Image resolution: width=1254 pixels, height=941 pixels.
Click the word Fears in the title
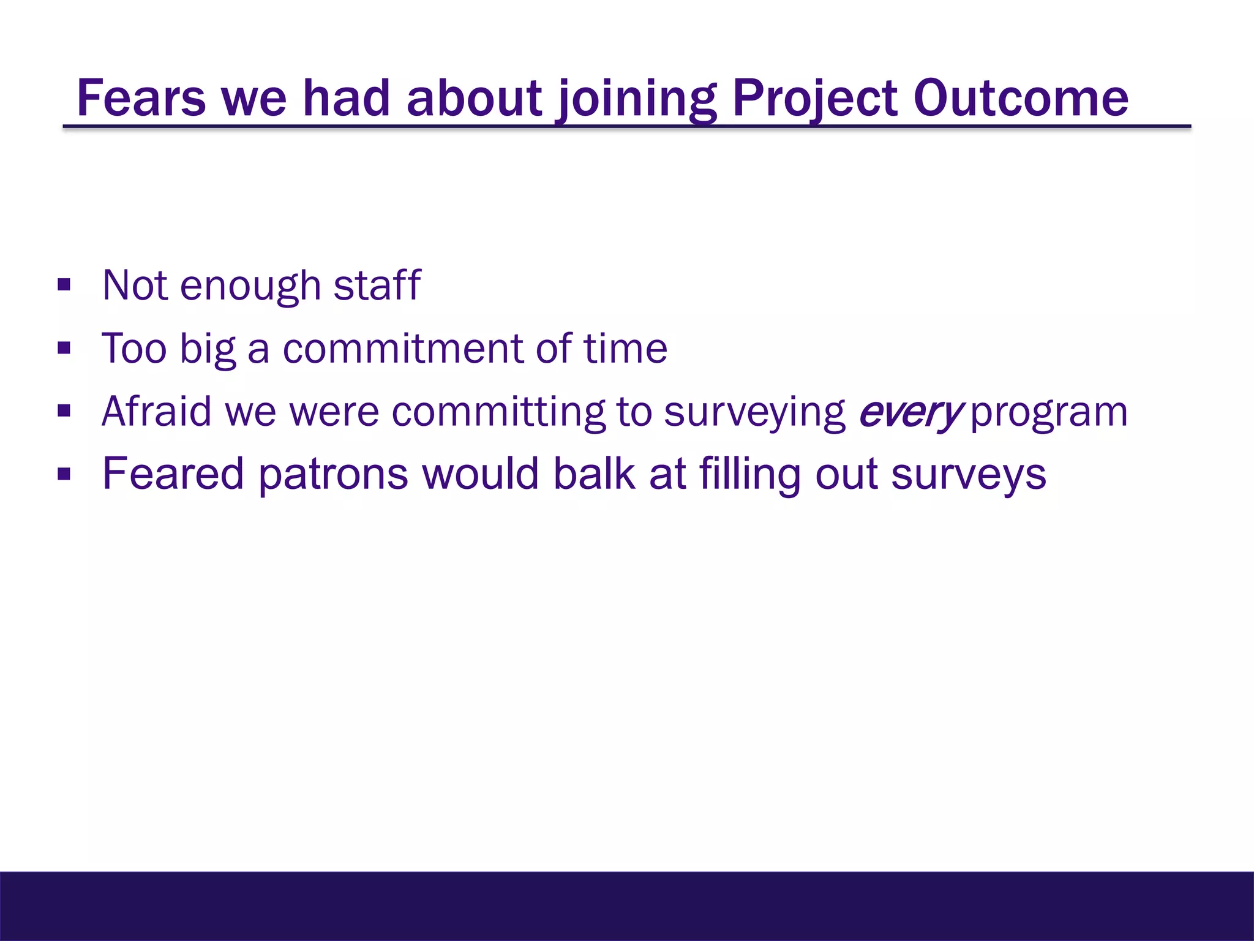(x=141, y=99)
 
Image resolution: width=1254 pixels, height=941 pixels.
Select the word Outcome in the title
(x=1021, y=99)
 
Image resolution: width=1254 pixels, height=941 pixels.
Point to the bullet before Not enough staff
(x=64, y=285)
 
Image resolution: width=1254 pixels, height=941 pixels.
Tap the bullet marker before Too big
(x=64, y=349)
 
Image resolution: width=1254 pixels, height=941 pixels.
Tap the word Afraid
(x=157, y=411)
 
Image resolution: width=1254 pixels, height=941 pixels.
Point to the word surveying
(x=754, y=412)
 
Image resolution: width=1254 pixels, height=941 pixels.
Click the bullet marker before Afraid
(x=64, y=411)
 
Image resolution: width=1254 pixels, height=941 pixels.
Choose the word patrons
(x=333, y=475)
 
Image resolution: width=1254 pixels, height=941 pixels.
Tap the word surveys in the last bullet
(x=969, y=475)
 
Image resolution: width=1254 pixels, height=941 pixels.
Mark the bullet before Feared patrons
(x=64, y=474)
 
